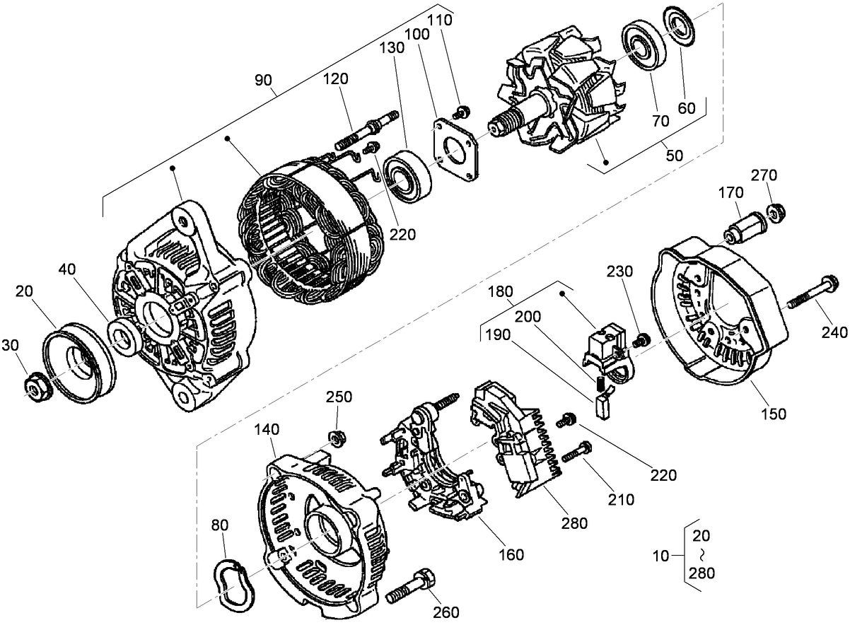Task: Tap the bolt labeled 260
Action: [414, 582]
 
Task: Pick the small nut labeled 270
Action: [774, 211]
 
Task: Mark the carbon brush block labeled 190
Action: [602, 407]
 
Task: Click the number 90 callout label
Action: [263, 80]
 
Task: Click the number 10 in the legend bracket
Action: [660, 556]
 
